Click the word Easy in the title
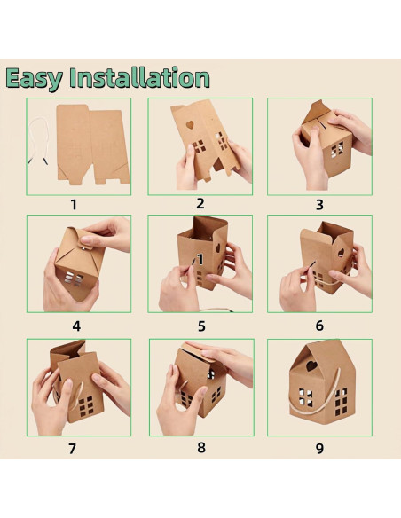34,79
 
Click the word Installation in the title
139,78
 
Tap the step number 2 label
200,204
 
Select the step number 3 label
319,205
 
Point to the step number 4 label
76,326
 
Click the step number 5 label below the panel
201,326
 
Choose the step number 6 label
319,326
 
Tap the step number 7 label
73,449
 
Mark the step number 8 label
201,448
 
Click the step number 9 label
319,449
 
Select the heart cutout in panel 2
190,125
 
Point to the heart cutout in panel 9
311,365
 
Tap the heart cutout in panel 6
341,253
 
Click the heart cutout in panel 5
218,248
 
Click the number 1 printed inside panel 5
200,260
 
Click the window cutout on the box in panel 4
74,279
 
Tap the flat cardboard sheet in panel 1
93,145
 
